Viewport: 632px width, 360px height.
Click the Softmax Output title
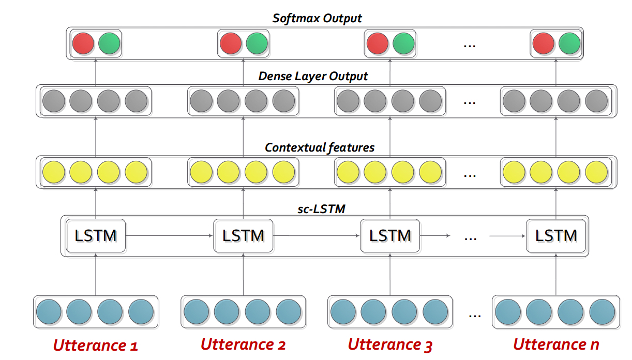click(x=317, y=18)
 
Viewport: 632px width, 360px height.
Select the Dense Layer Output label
click(x=313, y=77)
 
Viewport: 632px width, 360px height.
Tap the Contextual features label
click(x=319, y=147)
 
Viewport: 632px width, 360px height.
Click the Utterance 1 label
click(x=96, y=344)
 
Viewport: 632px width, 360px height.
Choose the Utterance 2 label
click(x=243, y=344)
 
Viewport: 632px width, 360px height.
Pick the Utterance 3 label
click(x=390, y=344)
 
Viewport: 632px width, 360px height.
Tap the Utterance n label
click(x=556, y=344)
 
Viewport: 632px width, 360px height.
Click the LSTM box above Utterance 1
click(x=96, y=236)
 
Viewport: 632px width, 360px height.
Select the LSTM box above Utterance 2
click(x=243, y=236)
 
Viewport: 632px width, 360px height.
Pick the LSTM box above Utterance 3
click(x=390, y=236)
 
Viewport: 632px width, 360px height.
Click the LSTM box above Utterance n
click(x=556, y=236)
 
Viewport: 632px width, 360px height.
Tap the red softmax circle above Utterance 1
click(x=83, y=43)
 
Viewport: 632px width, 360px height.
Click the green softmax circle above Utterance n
click(x=569, y=43)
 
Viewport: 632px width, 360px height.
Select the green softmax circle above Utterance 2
click(x=257, y=43)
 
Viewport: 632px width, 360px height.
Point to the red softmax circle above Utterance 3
click(x=377, y=43)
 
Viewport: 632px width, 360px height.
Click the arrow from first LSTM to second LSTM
click(x=170, y=236)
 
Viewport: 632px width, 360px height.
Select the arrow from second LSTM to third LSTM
click(x=317, y=236)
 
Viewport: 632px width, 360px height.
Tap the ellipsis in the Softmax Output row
click(x=470, y=45)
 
